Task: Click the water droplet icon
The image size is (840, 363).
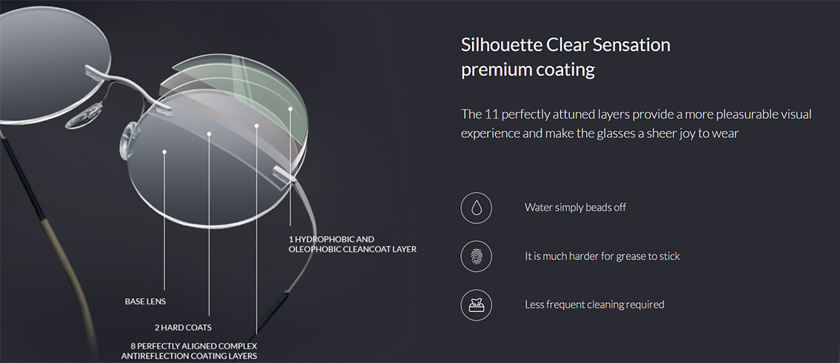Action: point(476,207)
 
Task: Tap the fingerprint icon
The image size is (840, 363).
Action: point(476,256)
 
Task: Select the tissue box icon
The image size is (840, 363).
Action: point(476,304)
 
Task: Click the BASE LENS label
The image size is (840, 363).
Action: point(145,302)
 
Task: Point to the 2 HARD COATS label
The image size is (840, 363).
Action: point(183,327)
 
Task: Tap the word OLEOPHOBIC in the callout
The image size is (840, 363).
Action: point(314,250)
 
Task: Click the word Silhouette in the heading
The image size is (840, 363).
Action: point(501,44)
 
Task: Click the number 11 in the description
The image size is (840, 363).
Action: point(491,114)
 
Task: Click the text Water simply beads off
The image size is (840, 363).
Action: point(575,207)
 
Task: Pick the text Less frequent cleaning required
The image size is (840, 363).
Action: point(594,304)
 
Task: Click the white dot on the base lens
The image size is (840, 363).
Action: point(164,153)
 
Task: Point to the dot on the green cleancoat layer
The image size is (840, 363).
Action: point(290,109)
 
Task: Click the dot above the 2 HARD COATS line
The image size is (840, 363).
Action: point(209,133)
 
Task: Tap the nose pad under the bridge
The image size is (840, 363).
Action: point(84,116)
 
